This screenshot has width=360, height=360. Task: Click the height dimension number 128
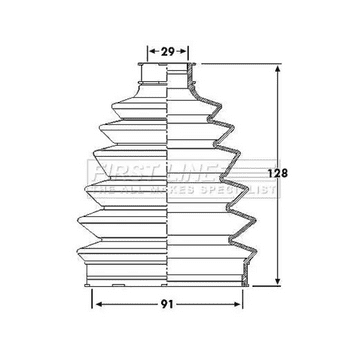tap(282, 172)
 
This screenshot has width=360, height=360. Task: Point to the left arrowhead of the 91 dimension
tap(97, 297)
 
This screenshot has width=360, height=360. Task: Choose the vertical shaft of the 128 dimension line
tap(275, 120)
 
